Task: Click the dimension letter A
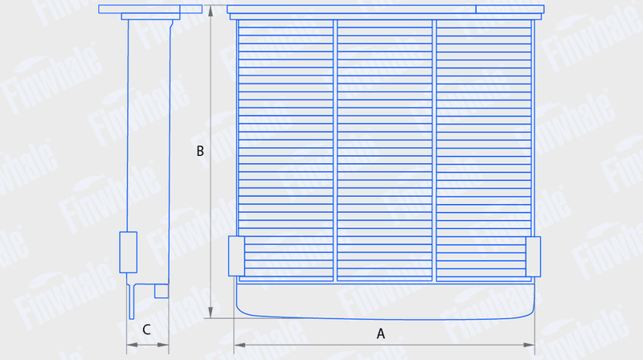click(380, 333)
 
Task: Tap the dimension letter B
click(200, 151)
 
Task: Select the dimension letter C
click(146, 329)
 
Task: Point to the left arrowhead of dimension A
click(240, 345)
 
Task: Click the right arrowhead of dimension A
click(529, 345)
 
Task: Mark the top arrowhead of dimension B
click(211, 11)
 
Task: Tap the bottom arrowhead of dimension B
click(211, 313)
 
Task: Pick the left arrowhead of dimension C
click(132, 345)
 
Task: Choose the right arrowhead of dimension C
click(163, 345)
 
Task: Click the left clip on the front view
click(236, 256)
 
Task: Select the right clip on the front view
click(533, 256)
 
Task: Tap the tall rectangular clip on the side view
click(129, 252)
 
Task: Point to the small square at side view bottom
click(162, 291)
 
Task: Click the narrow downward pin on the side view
click(132, 301)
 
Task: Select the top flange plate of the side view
click(150, 9)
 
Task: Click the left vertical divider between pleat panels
click(335, 150)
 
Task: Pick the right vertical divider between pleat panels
click(434, 150)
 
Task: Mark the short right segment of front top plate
click(510, 9)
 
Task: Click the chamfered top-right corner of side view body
click(171, 24)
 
